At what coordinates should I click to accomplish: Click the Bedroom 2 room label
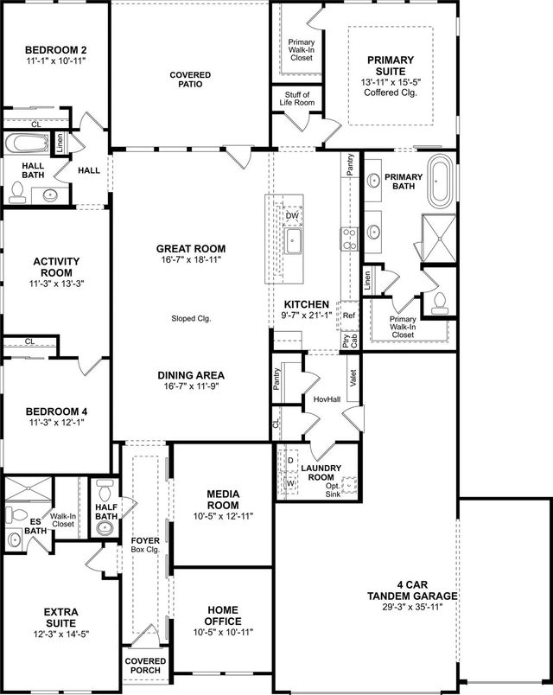point(55,50)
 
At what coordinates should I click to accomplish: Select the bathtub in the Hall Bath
point(27,143)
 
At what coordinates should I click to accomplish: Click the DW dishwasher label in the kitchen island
point(292,215)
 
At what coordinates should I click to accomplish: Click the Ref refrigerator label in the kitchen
point(349,316)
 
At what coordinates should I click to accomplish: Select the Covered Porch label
point(145,666)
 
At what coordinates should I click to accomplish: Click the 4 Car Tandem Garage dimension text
point(412,607)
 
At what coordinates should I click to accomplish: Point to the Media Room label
point(223,500)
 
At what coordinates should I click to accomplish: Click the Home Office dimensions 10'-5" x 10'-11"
point(223,633)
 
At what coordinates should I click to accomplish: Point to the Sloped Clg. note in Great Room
point(191,319)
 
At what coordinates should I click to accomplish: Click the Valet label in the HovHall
point(353,378)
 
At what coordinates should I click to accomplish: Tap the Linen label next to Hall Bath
point(60,144)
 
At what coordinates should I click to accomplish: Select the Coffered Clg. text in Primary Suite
point(390,92)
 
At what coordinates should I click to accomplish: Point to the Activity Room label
point(56,266)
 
